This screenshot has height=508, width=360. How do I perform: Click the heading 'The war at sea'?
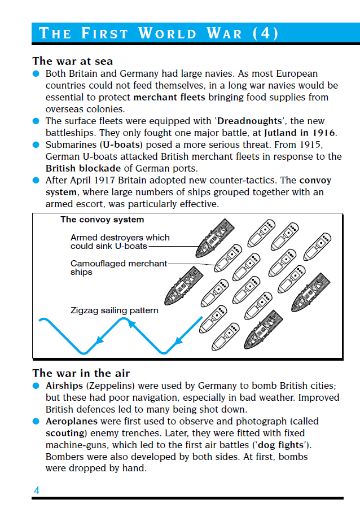point(73,61)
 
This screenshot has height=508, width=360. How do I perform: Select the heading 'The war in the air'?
point(81,373)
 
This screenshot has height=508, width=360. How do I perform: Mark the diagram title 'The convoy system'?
point(102,220)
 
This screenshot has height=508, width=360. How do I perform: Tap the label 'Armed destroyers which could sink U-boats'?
point(120,242)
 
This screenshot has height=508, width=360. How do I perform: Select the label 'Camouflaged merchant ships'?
point(118,268)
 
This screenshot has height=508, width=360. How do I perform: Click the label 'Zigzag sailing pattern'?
point(115,310)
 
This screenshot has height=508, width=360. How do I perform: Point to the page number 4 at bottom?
point(37,490)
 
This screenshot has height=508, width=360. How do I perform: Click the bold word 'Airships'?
point(65,386)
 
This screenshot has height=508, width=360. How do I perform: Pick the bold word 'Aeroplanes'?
point(72,421)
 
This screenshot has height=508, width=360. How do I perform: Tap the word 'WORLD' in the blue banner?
point(168,33)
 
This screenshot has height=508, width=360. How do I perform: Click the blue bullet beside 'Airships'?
point(36,386)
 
